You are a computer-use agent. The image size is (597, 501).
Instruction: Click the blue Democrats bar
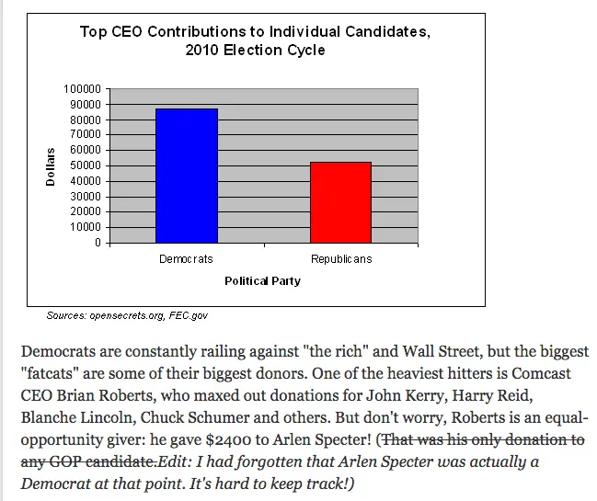pos(186,176)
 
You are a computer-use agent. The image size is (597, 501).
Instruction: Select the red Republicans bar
pos(340,202)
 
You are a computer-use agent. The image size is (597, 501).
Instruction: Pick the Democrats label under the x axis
pos(186,259)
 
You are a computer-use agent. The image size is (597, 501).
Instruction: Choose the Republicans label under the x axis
pos(341,259)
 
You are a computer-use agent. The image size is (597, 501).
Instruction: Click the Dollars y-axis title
pos(52,166)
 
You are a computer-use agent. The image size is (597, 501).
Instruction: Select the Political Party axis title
pos(262,281)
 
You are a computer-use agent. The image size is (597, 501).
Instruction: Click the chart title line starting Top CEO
pos(254,32)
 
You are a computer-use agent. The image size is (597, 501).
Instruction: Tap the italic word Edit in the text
pos(175,460)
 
